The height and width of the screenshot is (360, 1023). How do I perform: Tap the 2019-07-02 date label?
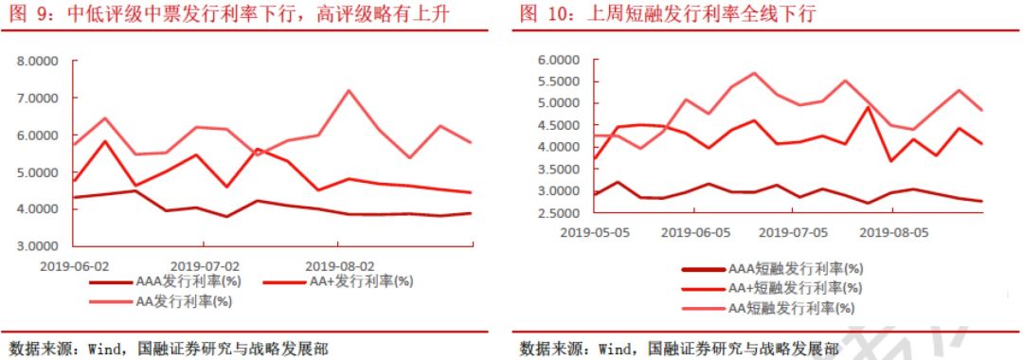pos(206,266)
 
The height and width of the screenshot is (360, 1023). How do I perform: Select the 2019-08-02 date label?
pos(341,266)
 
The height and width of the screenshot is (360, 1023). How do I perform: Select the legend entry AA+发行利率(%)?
pos(357,281)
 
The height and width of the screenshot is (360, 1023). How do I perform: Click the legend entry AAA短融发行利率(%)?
pos(791,269)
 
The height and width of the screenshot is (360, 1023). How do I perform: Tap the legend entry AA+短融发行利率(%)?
pos(791,288)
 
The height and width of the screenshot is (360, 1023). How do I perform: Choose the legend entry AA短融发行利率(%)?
pos(791,308)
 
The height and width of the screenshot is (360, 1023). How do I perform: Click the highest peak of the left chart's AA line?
pos(350,90)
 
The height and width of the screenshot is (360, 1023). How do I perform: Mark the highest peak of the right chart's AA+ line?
pos(869,106)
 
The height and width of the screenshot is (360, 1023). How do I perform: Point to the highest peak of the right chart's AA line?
pos(754,73)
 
